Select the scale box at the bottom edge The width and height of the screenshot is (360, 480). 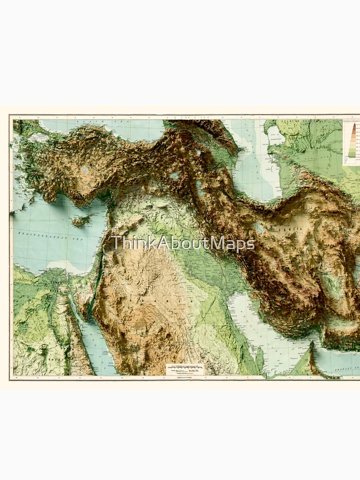pos(185,369)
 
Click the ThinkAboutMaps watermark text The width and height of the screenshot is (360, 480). pos(183,243)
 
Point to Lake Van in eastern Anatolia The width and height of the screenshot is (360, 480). pos(175,175)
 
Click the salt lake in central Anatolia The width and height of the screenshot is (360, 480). pos(85,169)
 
